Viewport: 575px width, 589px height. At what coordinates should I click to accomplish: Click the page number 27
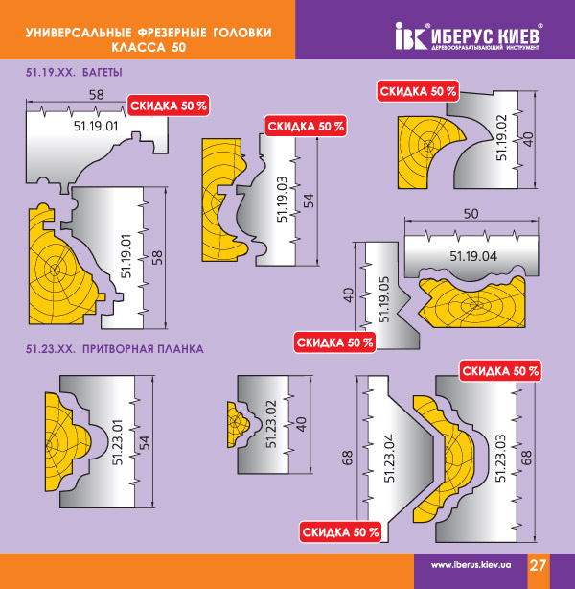[538, 565]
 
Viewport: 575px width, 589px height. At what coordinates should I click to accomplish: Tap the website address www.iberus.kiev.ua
[471, 565]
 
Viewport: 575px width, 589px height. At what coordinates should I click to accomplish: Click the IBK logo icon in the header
[411, 36]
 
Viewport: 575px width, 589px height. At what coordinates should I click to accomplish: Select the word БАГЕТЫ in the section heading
[103, 72]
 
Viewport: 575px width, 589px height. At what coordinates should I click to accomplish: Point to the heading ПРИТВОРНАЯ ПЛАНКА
[143, 349]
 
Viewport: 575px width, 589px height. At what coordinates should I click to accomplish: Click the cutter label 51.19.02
[502, 138]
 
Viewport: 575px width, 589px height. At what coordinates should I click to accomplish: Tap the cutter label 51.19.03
[283, 200]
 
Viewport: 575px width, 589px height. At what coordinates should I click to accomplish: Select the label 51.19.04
[473, 256]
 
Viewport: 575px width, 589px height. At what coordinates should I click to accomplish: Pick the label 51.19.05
[384, 299]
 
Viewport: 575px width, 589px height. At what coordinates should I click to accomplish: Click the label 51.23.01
[118, 442]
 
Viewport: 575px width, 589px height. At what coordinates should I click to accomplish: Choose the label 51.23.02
[271, 424]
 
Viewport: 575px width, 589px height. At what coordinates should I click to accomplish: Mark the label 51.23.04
[389, 459]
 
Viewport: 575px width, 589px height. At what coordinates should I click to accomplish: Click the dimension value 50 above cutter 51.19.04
[471, 214]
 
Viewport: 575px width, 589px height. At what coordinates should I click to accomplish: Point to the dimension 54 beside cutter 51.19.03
[309, 200]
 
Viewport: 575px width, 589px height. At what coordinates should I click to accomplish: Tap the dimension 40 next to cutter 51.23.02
[301, 424]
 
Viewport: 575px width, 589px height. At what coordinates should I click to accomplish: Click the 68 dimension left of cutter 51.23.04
[348, 458]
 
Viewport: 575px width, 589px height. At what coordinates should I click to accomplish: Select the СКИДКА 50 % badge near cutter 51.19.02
[418, 91]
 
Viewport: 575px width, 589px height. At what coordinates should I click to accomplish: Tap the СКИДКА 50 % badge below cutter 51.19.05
[334, 342]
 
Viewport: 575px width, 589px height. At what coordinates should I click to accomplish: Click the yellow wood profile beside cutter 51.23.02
[238, 424]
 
